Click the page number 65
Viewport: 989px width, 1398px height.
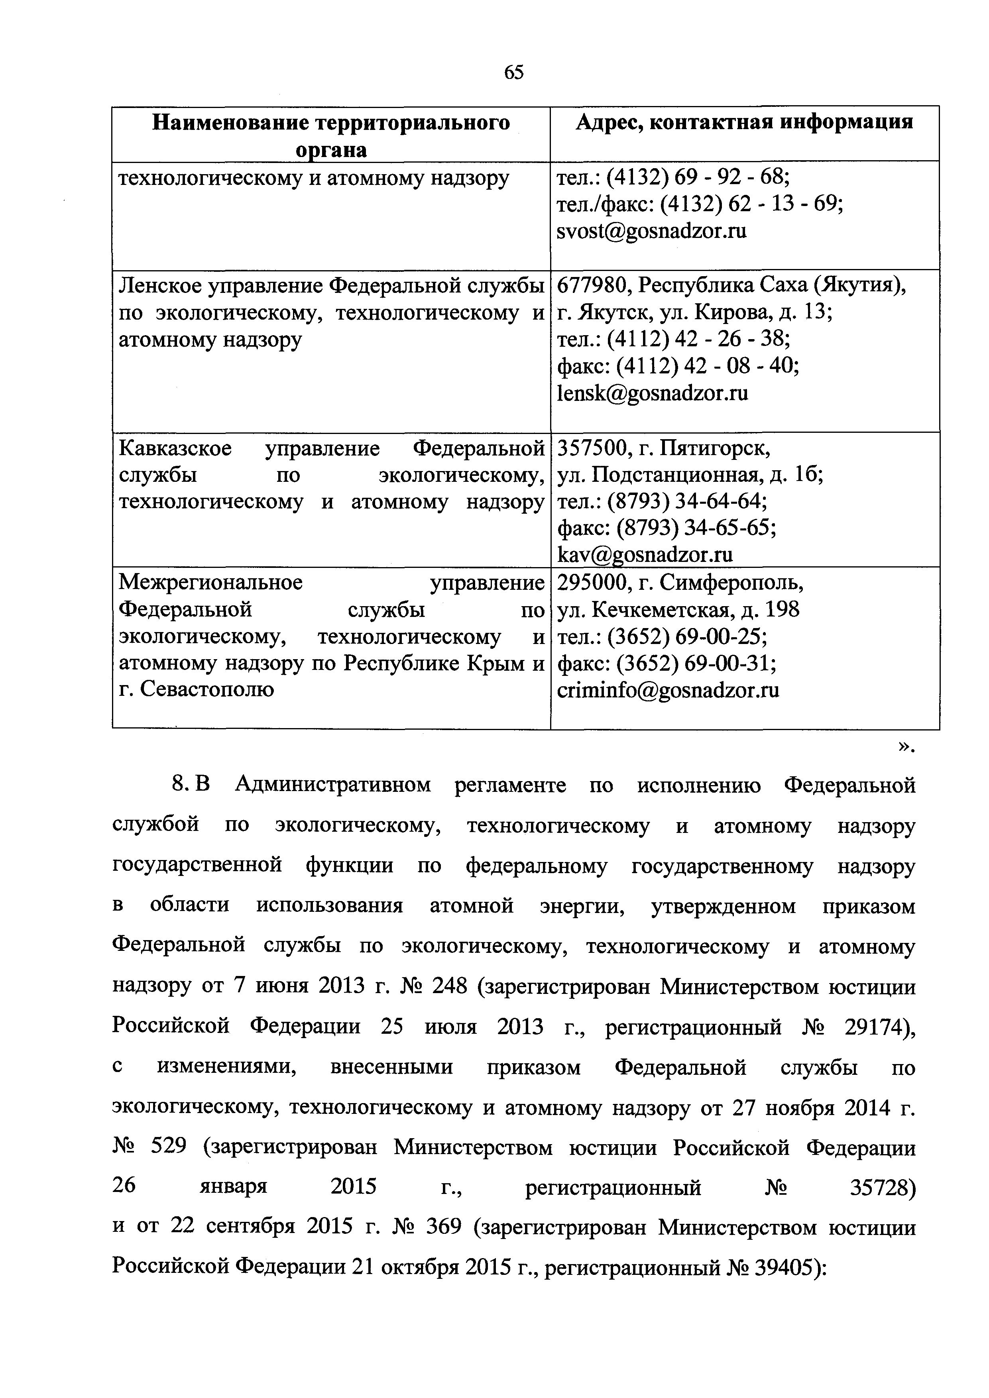(513, 73)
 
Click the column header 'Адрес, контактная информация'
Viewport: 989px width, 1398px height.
(744, 122)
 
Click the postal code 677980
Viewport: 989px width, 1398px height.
(587, 285)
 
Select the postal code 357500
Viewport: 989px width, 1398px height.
(587, 448)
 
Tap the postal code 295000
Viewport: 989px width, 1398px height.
(587, 583)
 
